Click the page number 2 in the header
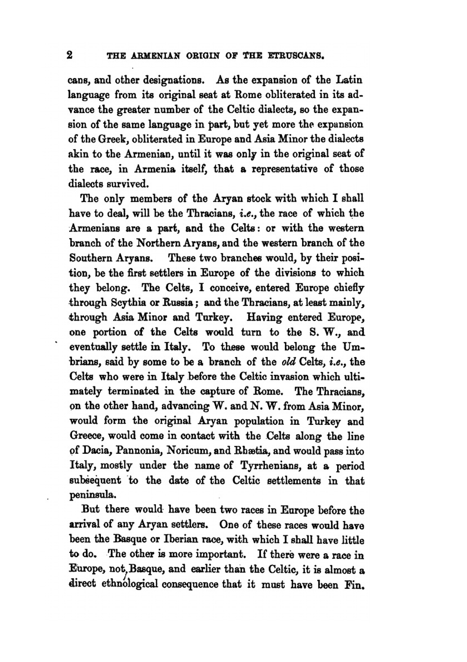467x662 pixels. (x=70, y=55)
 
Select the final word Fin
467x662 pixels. (x=353, y=585)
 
